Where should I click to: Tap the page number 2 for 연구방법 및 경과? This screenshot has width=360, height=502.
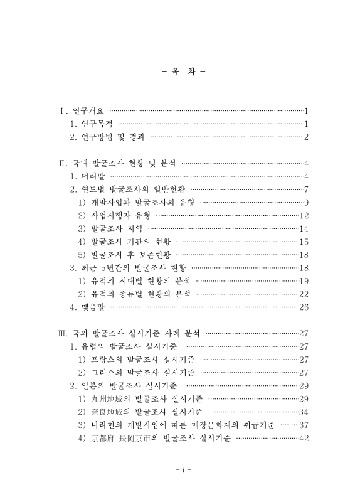(306, 137)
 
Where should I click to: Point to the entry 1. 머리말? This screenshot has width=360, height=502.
(87, 176)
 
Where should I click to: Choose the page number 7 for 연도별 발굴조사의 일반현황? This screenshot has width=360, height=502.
(306, 190)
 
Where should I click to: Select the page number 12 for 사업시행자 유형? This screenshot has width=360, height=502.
(304, 216)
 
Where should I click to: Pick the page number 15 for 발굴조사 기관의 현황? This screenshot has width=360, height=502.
(304, 242)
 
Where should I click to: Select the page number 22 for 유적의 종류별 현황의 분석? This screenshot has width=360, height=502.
(304, 294)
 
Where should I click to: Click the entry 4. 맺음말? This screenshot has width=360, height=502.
(87, 307)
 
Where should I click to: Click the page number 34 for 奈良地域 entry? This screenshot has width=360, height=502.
(304, 412)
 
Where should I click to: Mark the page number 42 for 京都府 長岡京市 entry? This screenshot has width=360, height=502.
(304, 438)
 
